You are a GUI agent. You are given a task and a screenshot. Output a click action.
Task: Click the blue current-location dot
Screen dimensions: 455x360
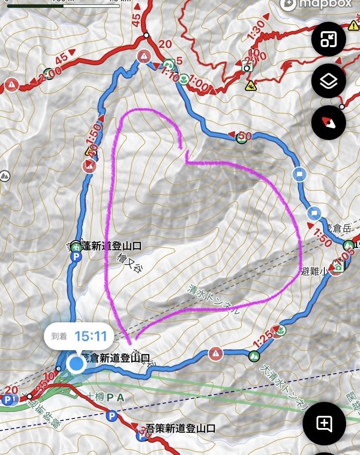click(x=77, y=364)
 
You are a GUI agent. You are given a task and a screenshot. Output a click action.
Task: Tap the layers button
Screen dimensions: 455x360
click(x=329, y=81)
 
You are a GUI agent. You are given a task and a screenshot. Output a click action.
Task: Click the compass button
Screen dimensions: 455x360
click(x=329, y=123)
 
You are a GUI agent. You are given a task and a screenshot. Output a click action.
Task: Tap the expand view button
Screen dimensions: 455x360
click(x=329, y=39)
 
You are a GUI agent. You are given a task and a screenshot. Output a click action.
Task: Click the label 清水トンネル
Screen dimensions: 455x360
click(x=213, y=300)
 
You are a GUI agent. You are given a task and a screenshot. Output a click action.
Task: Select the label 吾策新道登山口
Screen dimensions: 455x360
click(x=180, y=428)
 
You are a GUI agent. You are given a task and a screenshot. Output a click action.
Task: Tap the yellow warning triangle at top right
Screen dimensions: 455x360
click(x=353, y=25)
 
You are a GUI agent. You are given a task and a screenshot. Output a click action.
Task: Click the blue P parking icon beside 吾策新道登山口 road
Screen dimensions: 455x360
click(x=112, y=416)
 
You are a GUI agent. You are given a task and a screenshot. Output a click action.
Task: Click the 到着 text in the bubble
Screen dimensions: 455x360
click(x=60, y=336)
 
